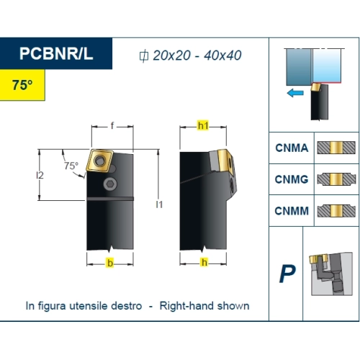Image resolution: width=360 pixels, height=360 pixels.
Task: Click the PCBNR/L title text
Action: [56, 53]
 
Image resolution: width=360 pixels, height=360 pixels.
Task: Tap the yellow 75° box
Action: [22, 85]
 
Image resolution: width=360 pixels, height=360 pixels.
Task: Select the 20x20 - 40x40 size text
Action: [197, 55]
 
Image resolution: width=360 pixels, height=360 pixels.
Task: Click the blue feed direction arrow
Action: [295, 93]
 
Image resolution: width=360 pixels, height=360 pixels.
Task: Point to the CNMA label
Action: [292, 148]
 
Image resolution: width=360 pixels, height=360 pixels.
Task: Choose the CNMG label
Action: [292, 179]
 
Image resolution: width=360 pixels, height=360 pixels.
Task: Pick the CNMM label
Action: [292, 211]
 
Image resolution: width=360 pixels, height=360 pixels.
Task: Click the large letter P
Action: [287, 274]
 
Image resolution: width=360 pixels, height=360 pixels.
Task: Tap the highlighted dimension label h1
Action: [203, 125]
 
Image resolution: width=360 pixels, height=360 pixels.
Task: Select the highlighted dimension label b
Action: [110, 263]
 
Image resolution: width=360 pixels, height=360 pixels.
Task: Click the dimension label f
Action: [112, 125]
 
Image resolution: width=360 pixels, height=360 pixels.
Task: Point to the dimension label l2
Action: [40, 176]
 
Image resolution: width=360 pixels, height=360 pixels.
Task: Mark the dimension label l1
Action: [159, 204]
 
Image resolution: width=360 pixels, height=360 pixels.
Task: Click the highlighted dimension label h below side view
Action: [204, 262]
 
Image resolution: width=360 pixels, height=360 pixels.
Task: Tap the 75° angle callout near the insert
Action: [71, 166]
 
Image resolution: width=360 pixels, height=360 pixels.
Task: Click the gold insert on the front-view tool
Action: [99, 161]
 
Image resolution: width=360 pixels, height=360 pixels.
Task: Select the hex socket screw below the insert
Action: [110, 184]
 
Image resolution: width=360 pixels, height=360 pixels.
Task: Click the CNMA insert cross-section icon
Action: [336, 148]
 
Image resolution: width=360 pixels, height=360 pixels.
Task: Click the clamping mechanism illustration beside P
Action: [331, 274]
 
